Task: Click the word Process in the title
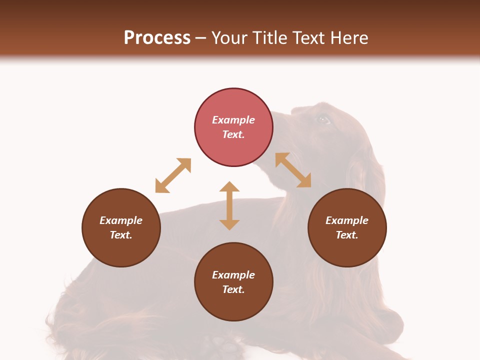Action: coord(157,38)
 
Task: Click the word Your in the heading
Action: coord(230,38)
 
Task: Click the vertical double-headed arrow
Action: coord(229,205)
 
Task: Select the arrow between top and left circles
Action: coord(173,175)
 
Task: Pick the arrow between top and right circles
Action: coord(293,170)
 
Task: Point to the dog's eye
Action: coord(323,119)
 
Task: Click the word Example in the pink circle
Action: coord(233,120)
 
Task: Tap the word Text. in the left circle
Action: coord(121,235)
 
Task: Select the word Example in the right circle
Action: coord(347,220)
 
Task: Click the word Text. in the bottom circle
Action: coord(233,289)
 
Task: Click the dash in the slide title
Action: coord(201,38)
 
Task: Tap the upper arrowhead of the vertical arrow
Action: coord(229,187)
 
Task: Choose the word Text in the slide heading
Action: coord(309,38)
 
